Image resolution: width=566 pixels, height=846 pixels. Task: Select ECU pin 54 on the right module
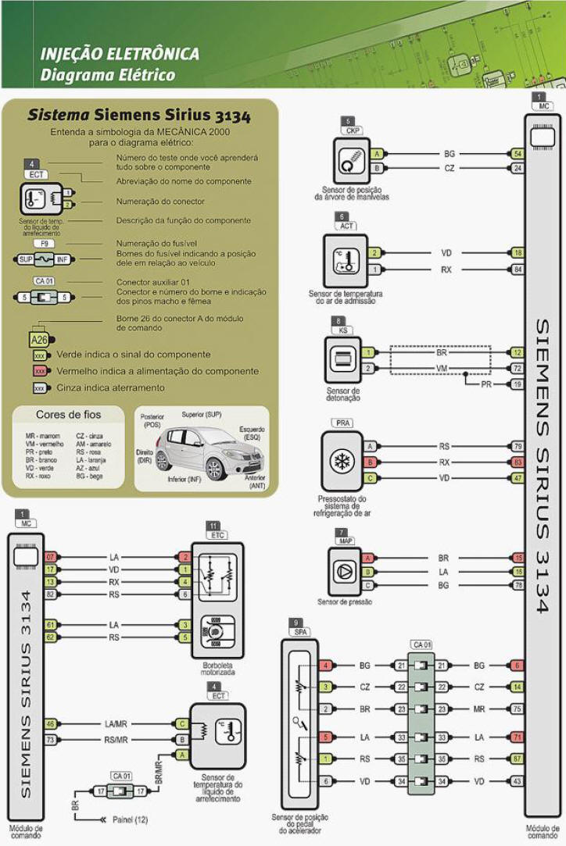pos(518,154)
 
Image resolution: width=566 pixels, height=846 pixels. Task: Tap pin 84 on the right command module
pos(518,270)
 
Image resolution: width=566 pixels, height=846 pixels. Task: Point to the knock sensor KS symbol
pos(342,360)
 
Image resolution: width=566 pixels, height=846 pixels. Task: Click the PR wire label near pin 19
pos(486,385)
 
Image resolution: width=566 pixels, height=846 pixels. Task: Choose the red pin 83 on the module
pos(518,462)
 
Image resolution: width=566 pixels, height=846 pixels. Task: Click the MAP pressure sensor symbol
pos(344,572)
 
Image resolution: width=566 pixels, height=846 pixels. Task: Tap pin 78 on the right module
pos(518,585)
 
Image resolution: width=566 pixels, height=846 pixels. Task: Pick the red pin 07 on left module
pos(50,557)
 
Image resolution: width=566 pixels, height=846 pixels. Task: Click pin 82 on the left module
pos(50,594)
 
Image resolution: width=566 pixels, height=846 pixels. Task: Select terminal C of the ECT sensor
pos(182,724)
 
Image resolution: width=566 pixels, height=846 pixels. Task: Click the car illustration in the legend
pos(202,455)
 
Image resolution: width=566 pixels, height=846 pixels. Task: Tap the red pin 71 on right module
pos(518,737)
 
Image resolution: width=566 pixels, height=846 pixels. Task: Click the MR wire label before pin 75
pos(479,709)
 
